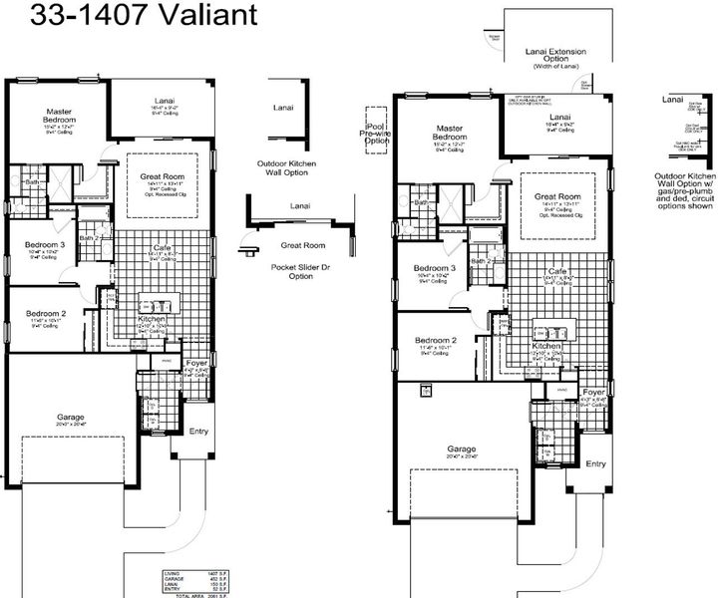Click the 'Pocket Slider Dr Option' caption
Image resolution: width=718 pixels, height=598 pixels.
pyautogui.click(x=292, y=272)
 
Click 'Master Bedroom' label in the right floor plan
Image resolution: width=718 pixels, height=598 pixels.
pyautogui.click(x=450, y=134)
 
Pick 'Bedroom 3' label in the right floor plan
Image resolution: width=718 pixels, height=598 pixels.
pyautogui.click(x=435, y=268)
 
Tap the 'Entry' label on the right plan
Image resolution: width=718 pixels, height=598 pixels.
pyautogui.click(x=595, y=463)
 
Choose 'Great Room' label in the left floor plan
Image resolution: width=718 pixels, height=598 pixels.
pyautogui.click(x=163, y=176)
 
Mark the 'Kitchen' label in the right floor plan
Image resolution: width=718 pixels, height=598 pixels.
pyautogui.click(x=546, y=345)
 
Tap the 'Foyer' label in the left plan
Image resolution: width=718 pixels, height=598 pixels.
pyautogui.click(x=196, y=363)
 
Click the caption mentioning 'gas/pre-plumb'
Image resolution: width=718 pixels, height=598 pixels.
pyautogui.click(x=687, y=191)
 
